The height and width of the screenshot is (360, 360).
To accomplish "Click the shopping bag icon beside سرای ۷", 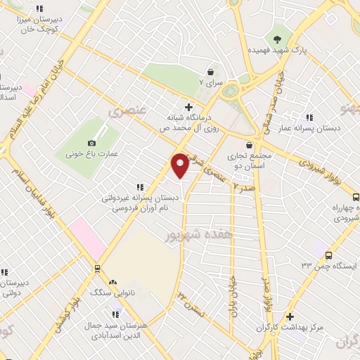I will click(211, 71).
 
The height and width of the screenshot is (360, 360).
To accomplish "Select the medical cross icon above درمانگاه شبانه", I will click(188, 106).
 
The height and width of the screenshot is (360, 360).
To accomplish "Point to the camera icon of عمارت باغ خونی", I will click(92, 143).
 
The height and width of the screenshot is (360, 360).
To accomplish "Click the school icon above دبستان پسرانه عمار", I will click(309, 118).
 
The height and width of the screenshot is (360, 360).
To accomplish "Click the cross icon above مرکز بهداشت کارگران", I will click(290, 317).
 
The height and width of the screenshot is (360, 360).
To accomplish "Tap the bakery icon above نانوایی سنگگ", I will click(112, 281).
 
